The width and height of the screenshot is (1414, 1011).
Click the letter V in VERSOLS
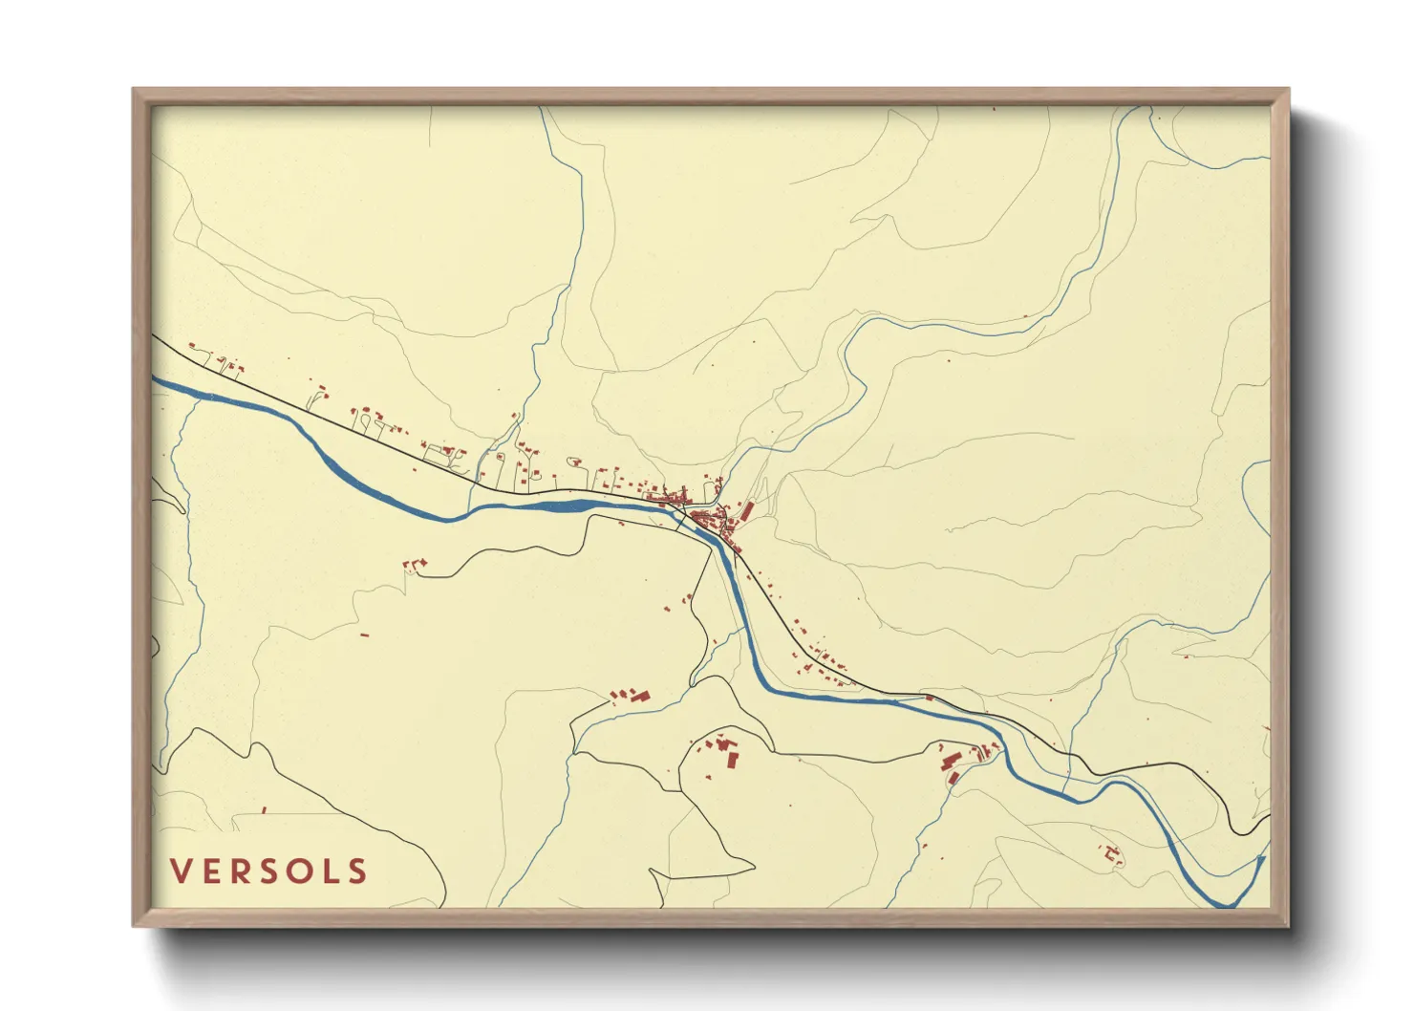coord(182,871)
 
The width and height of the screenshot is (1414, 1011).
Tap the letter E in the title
coord(212,871)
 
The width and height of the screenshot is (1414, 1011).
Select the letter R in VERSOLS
coord(242,871)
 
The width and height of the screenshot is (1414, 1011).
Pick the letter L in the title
coord(330,871)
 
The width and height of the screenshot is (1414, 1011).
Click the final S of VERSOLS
coord(357,871)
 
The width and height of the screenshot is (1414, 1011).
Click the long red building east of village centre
coord(747,511)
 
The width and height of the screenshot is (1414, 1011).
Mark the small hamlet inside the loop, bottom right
coord(1112,852)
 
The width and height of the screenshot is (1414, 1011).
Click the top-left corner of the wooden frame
coord(135,91)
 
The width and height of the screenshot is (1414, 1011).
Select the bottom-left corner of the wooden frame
coord(135,924)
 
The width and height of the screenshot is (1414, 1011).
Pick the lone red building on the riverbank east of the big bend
coord(929,698)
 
